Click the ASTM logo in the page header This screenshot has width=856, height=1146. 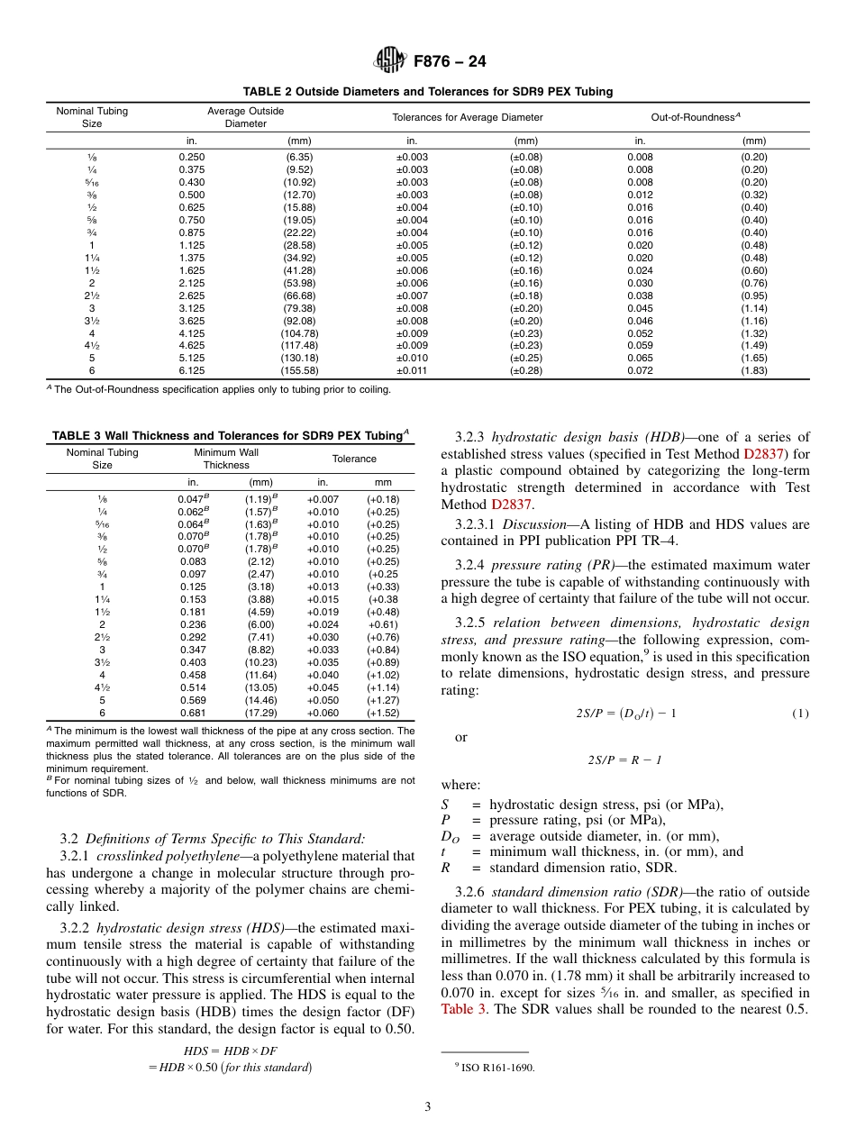390,61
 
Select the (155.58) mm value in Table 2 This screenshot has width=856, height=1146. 299,370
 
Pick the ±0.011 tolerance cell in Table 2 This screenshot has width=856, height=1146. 412,370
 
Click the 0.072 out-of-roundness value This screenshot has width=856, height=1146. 640,370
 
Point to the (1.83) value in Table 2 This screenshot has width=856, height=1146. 754,370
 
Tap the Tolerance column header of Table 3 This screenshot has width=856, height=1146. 354,459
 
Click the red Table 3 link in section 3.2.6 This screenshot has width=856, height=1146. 464,1009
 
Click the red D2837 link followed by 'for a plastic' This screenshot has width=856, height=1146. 764,454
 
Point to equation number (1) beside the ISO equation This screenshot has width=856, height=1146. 800,714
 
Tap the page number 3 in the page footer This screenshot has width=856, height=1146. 427,1107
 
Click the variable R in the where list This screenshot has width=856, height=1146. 445,869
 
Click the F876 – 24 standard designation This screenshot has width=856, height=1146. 450,62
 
